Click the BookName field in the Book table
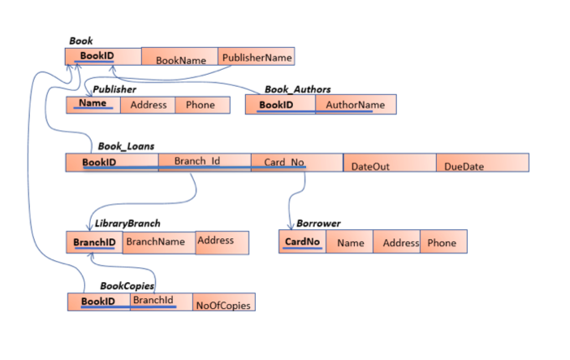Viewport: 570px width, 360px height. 180,59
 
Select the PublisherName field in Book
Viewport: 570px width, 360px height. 257,57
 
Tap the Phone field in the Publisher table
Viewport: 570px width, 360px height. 201,105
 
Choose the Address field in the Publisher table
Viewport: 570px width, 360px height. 149,105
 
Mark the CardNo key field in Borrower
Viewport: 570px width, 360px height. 302,242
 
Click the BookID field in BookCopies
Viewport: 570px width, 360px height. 98,302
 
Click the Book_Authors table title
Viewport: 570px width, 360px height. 297,89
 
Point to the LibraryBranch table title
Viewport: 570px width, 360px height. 127,223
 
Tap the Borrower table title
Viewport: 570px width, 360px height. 318,223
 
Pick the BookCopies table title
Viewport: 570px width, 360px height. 127,286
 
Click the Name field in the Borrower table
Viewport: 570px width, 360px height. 350,242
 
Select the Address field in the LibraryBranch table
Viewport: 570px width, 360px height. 217,241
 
